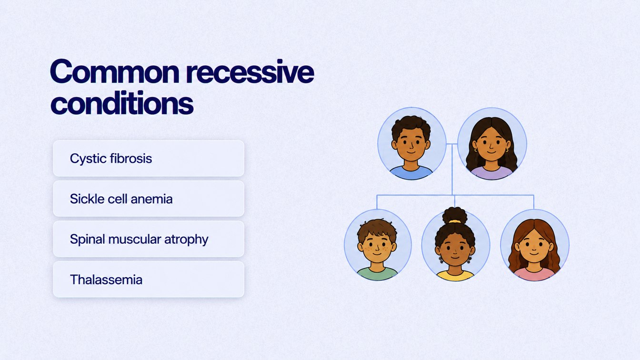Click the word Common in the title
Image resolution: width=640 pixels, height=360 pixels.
point(115,71)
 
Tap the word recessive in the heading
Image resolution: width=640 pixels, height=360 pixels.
point(250,71)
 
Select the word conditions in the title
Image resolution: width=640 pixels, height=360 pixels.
point(122,102)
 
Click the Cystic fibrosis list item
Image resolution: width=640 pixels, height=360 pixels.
point(149,158)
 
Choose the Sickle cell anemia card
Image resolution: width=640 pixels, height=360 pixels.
point(149,199)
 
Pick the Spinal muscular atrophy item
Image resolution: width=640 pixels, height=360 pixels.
point(149,239)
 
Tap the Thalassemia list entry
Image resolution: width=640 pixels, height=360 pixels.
point(149,279)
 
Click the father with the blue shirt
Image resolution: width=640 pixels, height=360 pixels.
point(411,144)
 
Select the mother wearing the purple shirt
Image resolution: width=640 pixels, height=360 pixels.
point(492,144)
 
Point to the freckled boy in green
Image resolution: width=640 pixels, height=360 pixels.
point(378,245)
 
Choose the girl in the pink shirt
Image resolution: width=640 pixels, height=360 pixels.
point(534,245)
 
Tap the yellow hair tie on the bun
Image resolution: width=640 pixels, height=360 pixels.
point(455,221)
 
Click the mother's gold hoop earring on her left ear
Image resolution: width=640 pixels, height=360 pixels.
point(507,150)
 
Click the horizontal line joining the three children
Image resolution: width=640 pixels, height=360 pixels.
point(455,195)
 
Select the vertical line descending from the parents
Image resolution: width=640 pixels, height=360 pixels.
point(452,170)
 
